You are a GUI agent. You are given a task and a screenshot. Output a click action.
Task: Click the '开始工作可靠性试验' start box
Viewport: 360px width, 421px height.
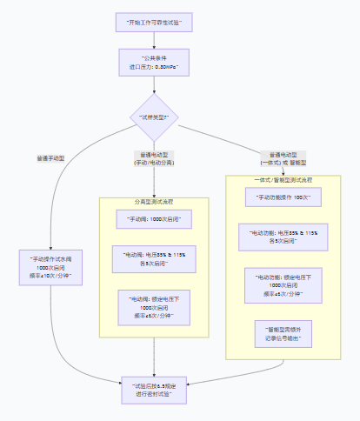[155, 20]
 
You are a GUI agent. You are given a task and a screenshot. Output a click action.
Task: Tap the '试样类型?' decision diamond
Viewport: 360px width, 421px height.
[155, 116]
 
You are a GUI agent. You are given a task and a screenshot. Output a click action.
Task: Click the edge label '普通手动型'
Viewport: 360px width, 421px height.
[51, 158]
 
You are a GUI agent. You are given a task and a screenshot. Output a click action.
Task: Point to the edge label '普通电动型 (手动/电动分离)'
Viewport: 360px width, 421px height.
[154, 158]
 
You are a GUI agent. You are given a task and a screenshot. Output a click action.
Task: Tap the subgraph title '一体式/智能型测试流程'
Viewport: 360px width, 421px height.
[284, 179]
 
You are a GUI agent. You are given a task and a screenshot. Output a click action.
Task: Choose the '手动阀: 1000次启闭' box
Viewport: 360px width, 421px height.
[155, 219]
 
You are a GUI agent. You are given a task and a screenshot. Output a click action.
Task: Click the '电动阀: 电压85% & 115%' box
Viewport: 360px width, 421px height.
[155, 258]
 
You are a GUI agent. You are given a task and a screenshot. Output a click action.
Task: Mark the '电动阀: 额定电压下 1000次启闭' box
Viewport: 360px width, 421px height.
[155, 306]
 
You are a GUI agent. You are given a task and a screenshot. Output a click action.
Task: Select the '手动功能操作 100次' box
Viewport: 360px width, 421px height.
[284, 197]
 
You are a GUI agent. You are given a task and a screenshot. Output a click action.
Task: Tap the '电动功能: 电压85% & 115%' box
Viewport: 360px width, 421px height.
[284, 237]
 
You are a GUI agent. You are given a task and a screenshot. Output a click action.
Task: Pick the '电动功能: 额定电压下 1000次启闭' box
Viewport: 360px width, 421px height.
[284, 284]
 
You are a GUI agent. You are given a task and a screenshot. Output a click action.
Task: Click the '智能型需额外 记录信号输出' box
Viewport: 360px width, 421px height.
[284, 332]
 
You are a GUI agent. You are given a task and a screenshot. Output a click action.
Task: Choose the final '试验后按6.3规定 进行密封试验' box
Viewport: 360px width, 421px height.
[155, 389]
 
